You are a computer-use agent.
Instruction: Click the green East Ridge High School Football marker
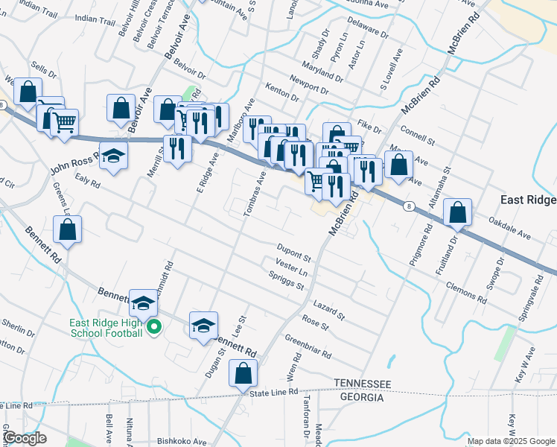pos(154,327)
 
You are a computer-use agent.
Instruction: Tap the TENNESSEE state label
pos(362,383)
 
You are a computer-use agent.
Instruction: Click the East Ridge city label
pos(528,201)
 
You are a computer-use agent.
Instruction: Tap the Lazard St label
pos(329,311)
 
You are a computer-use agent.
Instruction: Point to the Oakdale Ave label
pos(509,227)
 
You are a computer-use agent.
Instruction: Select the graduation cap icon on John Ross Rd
pos(113,156)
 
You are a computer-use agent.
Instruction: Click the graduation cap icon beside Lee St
pos(203,326)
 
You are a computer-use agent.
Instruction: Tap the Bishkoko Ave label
pos(182,441)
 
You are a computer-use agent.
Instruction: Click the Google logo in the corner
pos(25,438)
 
